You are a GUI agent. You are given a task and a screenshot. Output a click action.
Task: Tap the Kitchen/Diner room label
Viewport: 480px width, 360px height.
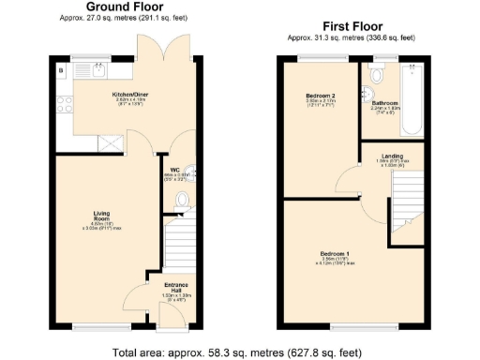click(x=129, y=95)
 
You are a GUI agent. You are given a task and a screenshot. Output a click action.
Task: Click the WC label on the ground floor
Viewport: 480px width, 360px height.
click(x=174, y=170)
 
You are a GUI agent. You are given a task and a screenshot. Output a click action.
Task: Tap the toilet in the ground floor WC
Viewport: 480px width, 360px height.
click(x=182, y=200)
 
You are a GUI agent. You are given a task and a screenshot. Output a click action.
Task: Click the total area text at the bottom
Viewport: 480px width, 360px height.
click(x=239, y=352)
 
